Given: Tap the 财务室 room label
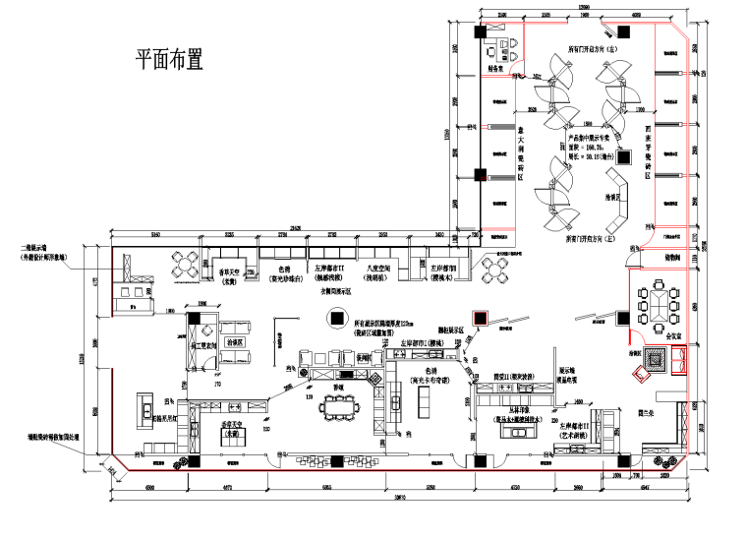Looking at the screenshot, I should (x=496, y=70).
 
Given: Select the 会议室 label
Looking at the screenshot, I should (x=675, y=334).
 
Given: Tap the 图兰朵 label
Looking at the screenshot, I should (x=647, y=414).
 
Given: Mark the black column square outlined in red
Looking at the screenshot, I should (x=481, y=317).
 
